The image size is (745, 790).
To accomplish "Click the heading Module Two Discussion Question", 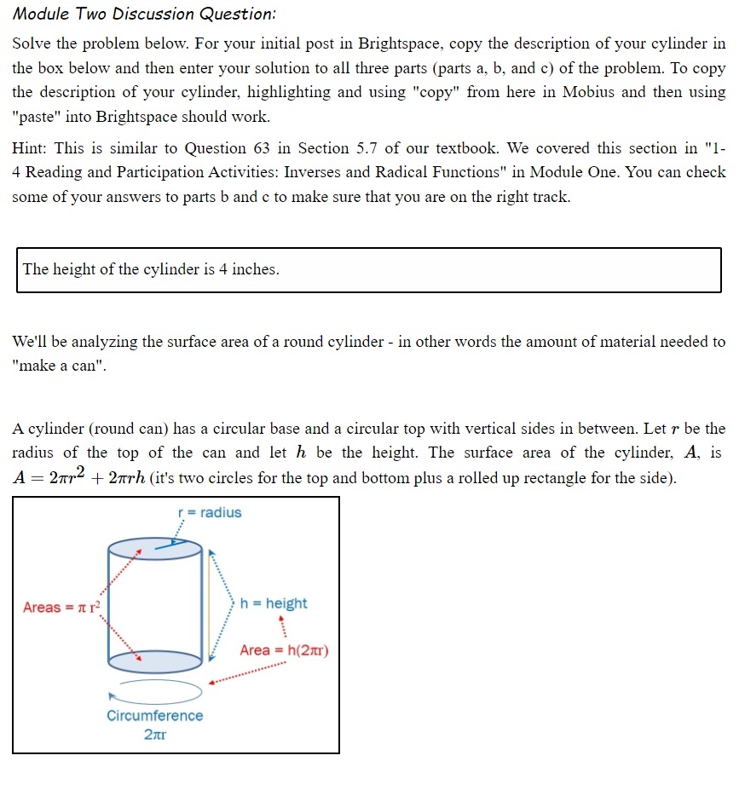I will pos(145,15).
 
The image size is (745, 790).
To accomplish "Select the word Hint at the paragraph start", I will pos(30,147).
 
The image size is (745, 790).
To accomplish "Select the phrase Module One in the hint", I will pos(573,172).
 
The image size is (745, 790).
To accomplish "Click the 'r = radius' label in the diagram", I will pos(209,512).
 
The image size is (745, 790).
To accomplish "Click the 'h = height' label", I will pos(274,603).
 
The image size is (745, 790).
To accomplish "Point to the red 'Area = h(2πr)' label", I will pos(284,650).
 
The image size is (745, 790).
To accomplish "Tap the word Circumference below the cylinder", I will pos(155,716).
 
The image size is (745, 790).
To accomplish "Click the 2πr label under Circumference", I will pos(155,735).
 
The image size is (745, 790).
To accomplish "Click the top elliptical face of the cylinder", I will pos(155,548).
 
